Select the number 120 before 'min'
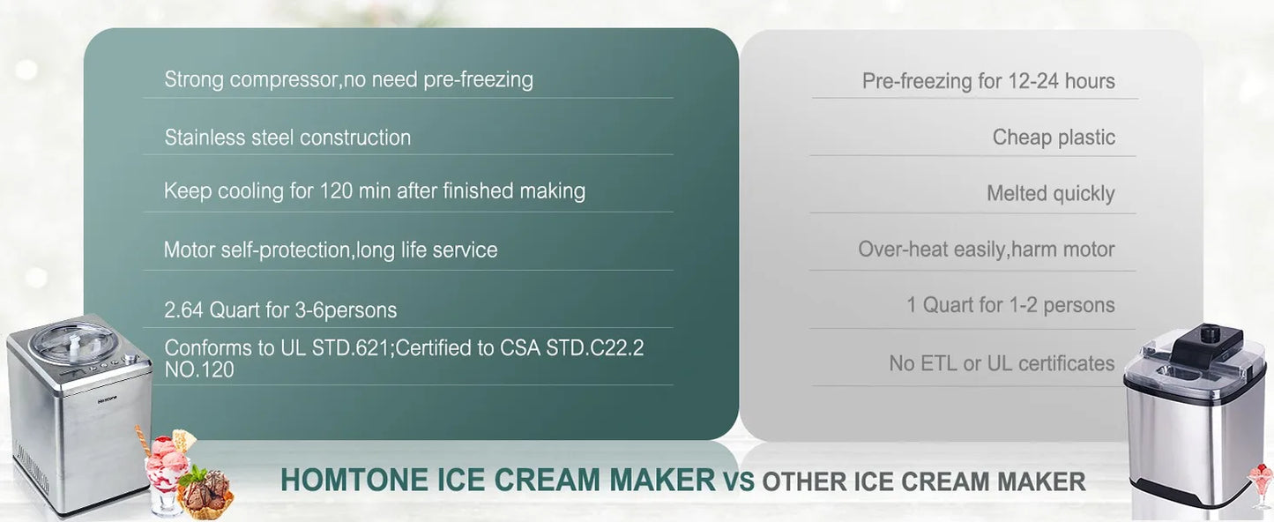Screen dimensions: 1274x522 [x=336, y=190]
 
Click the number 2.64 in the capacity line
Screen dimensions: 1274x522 [x=183, y=309]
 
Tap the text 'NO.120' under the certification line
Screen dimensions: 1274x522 [x=199, y=369]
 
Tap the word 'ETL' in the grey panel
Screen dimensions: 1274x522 [x=939, y=363]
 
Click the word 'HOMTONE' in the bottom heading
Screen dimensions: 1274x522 [x=355, y=480]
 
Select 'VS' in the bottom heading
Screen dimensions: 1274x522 [x=739, y=482]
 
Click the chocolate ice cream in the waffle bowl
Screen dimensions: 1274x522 [x=206, y=489]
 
